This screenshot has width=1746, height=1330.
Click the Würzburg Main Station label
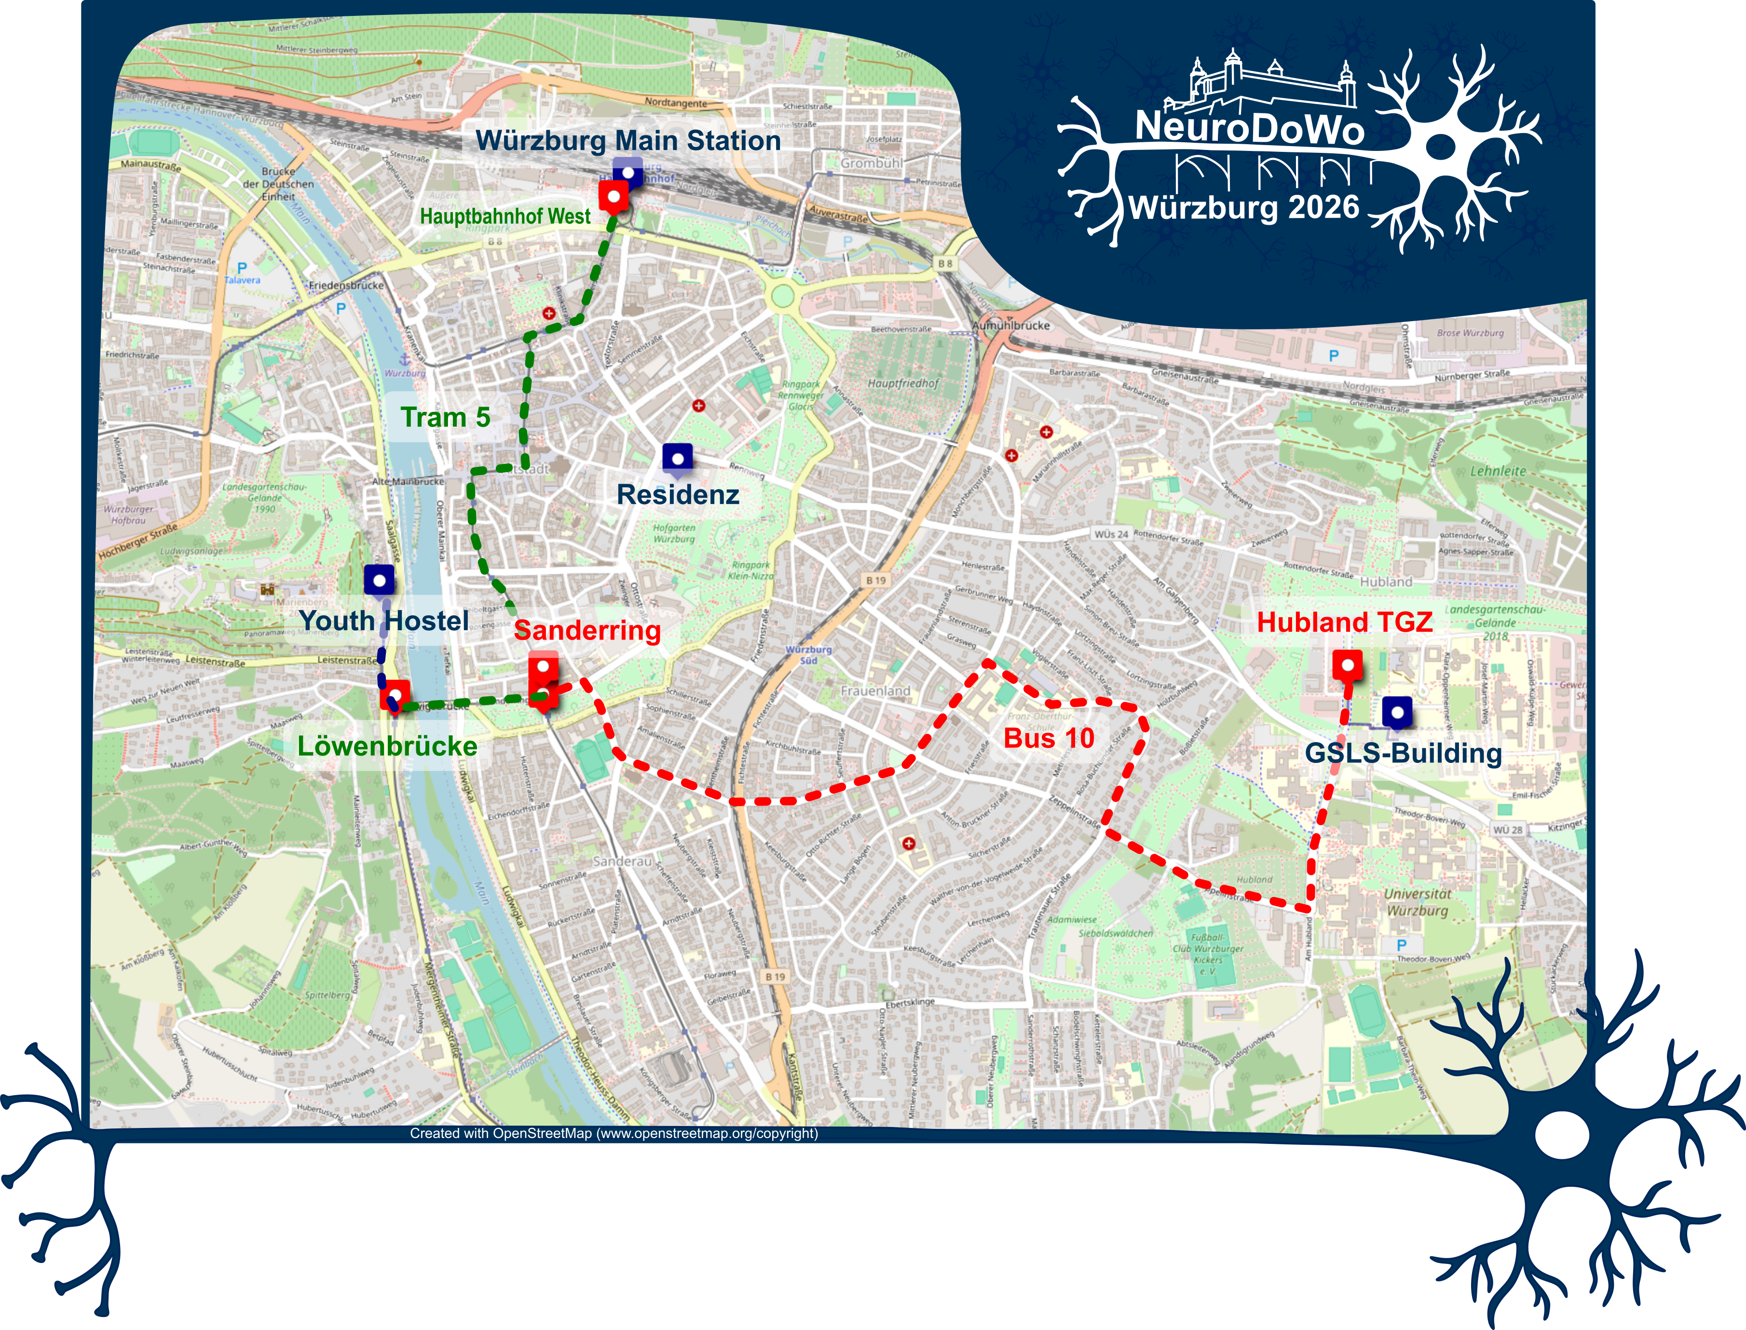point(628,141)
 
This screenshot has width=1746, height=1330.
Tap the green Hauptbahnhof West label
point(505,216)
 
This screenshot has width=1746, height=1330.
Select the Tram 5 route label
point(445,417)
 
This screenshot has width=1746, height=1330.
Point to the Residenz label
point(678,495)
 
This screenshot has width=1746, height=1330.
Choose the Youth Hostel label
point(384,621)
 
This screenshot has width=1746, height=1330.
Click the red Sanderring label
point(587,630)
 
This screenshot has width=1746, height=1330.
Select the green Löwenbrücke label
point(387,746)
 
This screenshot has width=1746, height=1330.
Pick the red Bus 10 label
point(1049,738)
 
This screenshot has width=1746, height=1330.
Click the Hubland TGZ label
point(1345,622)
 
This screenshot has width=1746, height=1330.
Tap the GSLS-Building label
point(1403,753)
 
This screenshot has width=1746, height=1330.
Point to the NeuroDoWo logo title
point(1250,127)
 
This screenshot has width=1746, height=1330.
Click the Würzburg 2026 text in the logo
point(1244,207)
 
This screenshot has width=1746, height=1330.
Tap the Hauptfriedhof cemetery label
point(903,383)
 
